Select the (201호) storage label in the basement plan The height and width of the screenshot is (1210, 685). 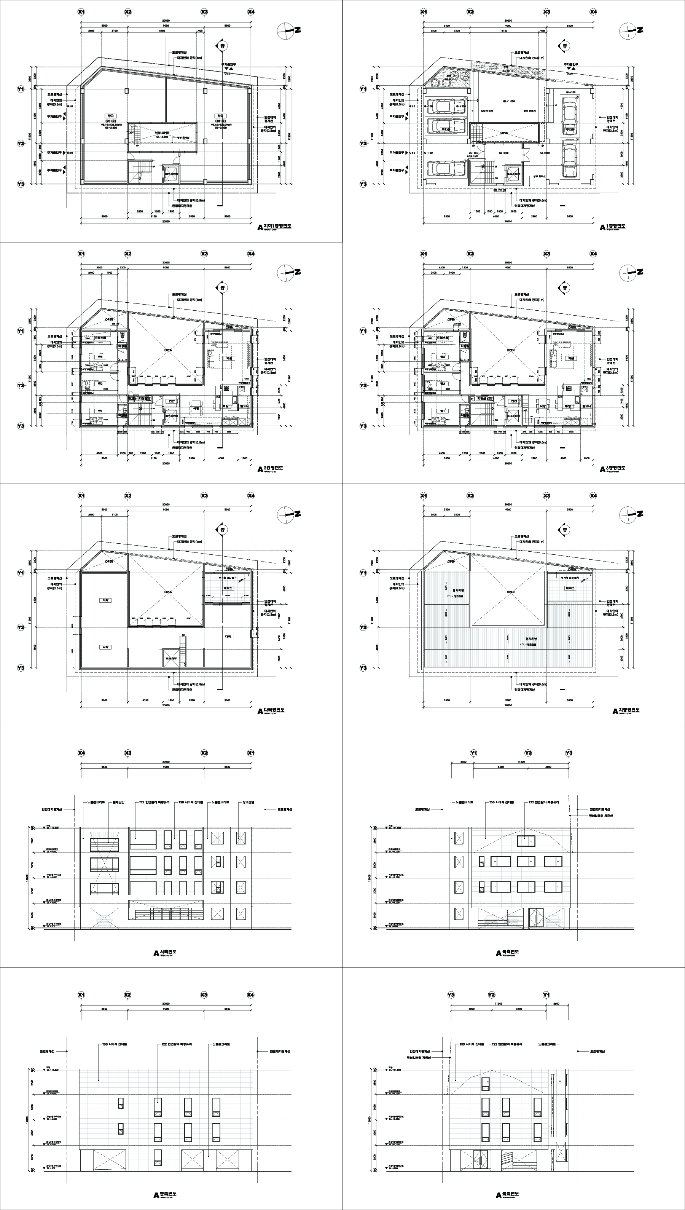click(x=111, y=120)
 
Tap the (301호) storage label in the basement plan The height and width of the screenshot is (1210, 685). click(x=219, y=120)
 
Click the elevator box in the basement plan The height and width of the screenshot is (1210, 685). click(x=169, y=173)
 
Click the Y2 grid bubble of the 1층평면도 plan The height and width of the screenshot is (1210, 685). click(x=363, y=143)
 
